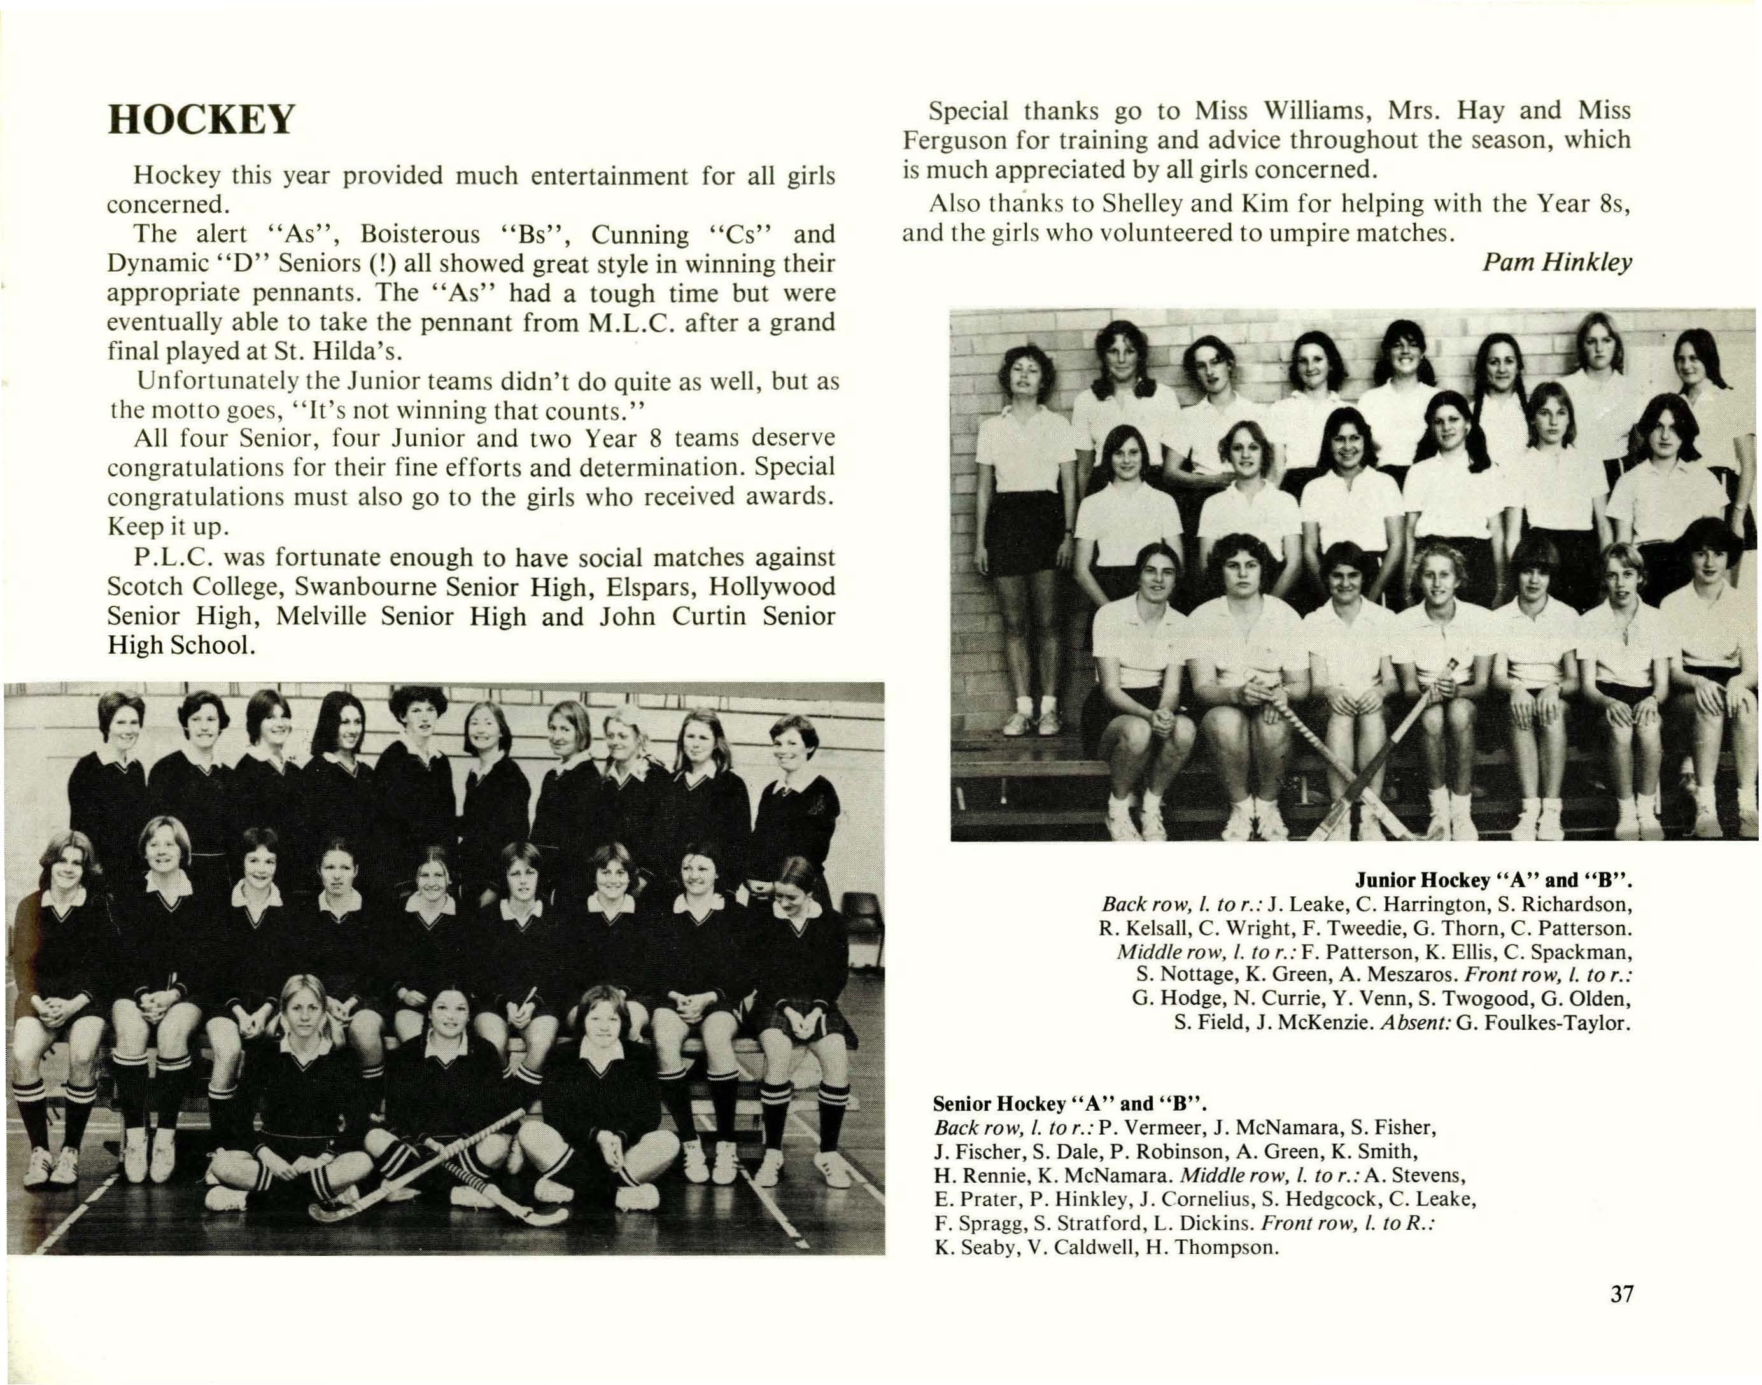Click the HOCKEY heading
[201, 120]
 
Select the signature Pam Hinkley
[1557, 263]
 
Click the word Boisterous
[420, 234]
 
